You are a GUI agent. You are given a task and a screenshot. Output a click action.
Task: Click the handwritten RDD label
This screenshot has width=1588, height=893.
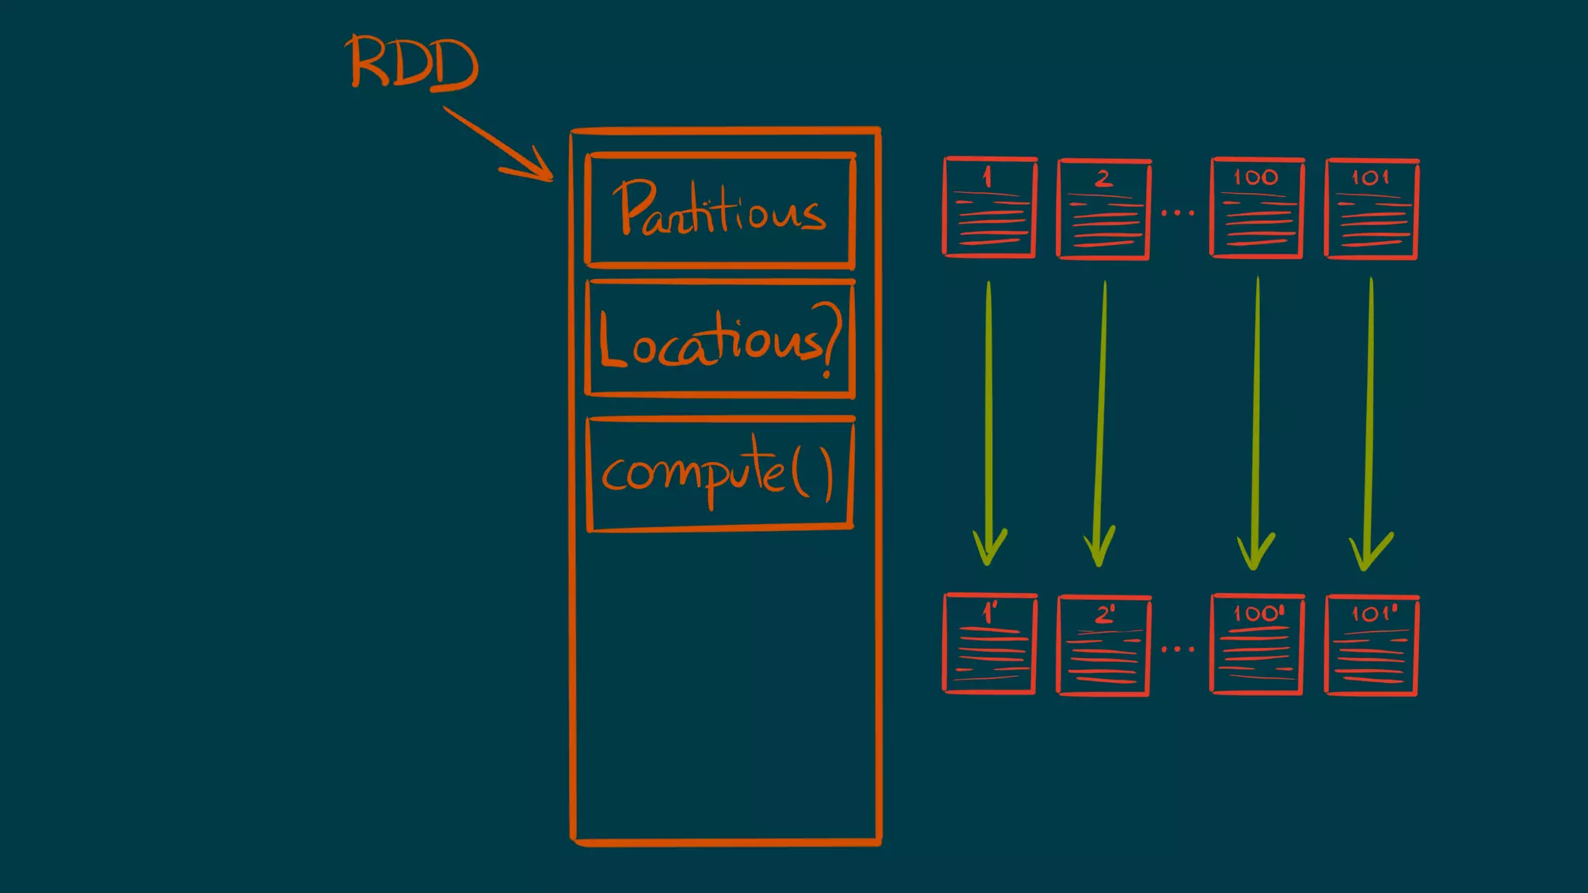pos(413,62)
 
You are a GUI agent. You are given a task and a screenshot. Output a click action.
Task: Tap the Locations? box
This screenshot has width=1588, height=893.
pos(720,340)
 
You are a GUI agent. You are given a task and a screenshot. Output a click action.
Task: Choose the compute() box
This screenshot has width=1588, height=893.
pos(720,474)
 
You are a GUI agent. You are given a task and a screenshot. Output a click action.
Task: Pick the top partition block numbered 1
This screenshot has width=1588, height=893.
pos(990,208)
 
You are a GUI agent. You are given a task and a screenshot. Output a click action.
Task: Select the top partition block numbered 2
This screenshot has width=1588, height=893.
pos(1103,209)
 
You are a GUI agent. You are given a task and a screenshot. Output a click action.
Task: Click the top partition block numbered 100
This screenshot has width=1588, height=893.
pos(1256,208)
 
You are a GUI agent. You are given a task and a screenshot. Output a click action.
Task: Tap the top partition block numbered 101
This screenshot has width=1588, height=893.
pos(1371,209)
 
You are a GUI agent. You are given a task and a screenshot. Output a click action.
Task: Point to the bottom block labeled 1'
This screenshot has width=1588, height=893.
pos(990,643)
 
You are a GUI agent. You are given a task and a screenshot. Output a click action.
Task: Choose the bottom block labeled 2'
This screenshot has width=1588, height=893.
pos(1103,645)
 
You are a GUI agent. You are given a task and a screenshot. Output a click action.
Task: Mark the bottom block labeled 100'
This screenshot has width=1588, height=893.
pos(1256,643)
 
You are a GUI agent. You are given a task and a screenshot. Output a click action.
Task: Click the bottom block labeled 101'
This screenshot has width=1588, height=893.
pos(1371,645)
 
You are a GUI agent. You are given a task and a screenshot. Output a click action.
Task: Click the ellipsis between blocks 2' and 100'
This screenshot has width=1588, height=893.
pos(1178,649)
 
